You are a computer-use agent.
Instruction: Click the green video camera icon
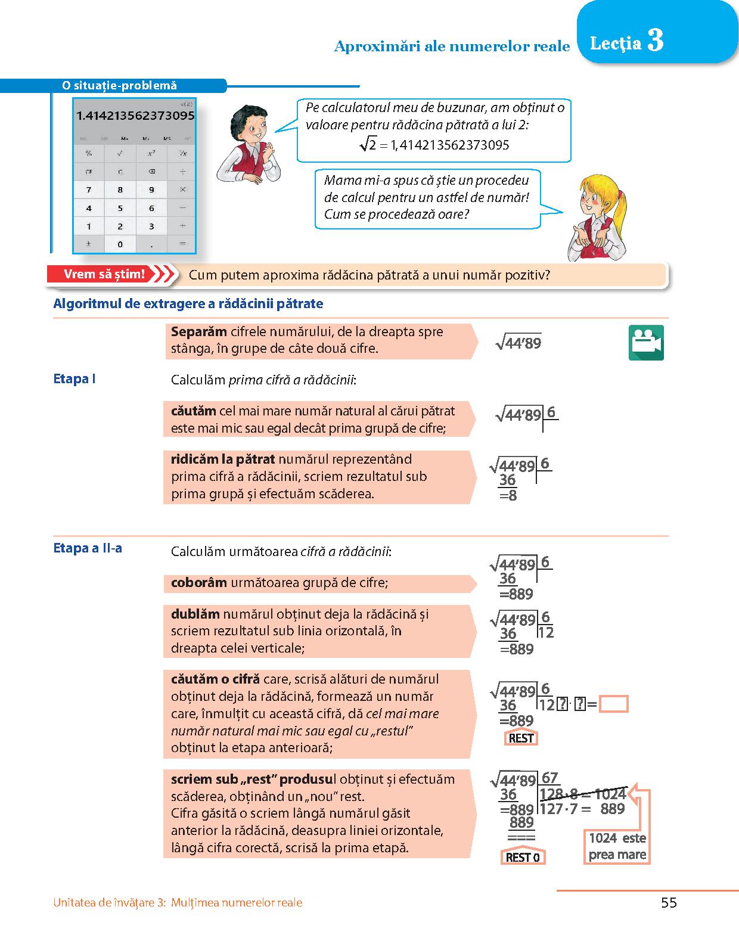[646, 343]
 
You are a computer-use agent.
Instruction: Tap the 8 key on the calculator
[120, 190]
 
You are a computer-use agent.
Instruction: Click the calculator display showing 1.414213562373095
[135, 116]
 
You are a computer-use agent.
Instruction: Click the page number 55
[669, 903]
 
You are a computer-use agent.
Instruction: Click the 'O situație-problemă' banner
[119, 86]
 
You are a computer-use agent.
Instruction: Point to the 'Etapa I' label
[74, 379]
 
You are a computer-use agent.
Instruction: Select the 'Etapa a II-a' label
[88, 548]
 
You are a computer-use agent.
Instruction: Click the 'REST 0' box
[522, 858]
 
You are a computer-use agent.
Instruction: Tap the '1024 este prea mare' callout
[617, 846]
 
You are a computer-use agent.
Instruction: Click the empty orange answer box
[613, 704]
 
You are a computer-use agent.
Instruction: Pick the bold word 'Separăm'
[199, 332]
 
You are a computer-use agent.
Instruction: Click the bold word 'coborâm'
[198, 583]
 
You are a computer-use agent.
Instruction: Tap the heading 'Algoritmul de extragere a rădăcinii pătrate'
[188, 304]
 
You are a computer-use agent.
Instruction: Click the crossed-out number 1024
[610, 794]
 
